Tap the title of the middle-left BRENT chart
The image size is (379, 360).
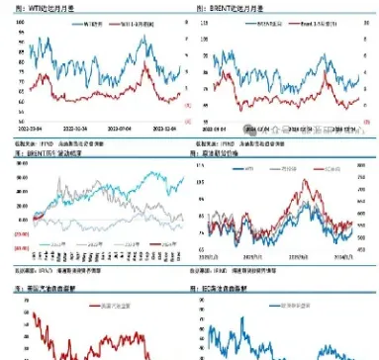(46, 154)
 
